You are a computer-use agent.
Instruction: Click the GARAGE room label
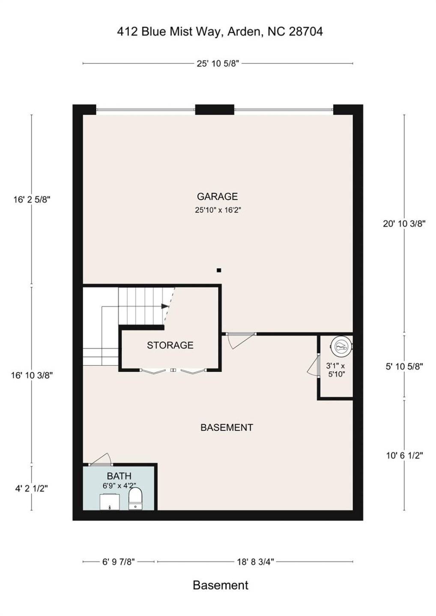[x=217, y=196]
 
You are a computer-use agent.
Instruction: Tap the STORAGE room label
[x=170, y=345]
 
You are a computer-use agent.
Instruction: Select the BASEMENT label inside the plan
[x=227, y=427]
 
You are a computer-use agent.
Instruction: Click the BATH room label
[x=119, y=476]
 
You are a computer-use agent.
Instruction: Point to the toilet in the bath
[x=136, y=499]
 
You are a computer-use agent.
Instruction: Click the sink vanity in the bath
[x=110, y=501]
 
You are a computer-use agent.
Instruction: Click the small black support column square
[x=219, y=270]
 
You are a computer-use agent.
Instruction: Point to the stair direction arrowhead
[x=164, y=306]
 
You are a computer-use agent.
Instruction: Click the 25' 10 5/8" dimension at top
[x=218, y=63]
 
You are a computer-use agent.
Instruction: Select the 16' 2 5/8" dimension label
[x=32, y=199]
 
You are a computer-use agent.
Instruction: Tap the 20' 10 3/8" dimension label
[x=404, y=223]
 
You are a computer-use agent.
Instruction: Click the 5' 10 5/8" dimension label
[x=404, y=366]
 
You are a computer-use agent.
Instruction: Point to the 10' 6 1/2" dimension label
[x=404, y=456]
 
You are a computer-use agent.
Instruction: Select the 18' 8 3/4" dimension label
[x=255, y=562]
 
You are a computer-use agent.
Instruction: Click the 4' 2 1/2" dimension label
[x=32, y=488]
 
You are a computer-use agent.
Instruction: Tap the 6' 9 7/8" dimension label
[x=119, y=562]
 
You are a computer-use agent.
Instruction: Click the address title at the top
[x=220, y=32]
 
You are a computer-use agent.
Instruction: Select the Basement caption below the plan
[x=220, y=585]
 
